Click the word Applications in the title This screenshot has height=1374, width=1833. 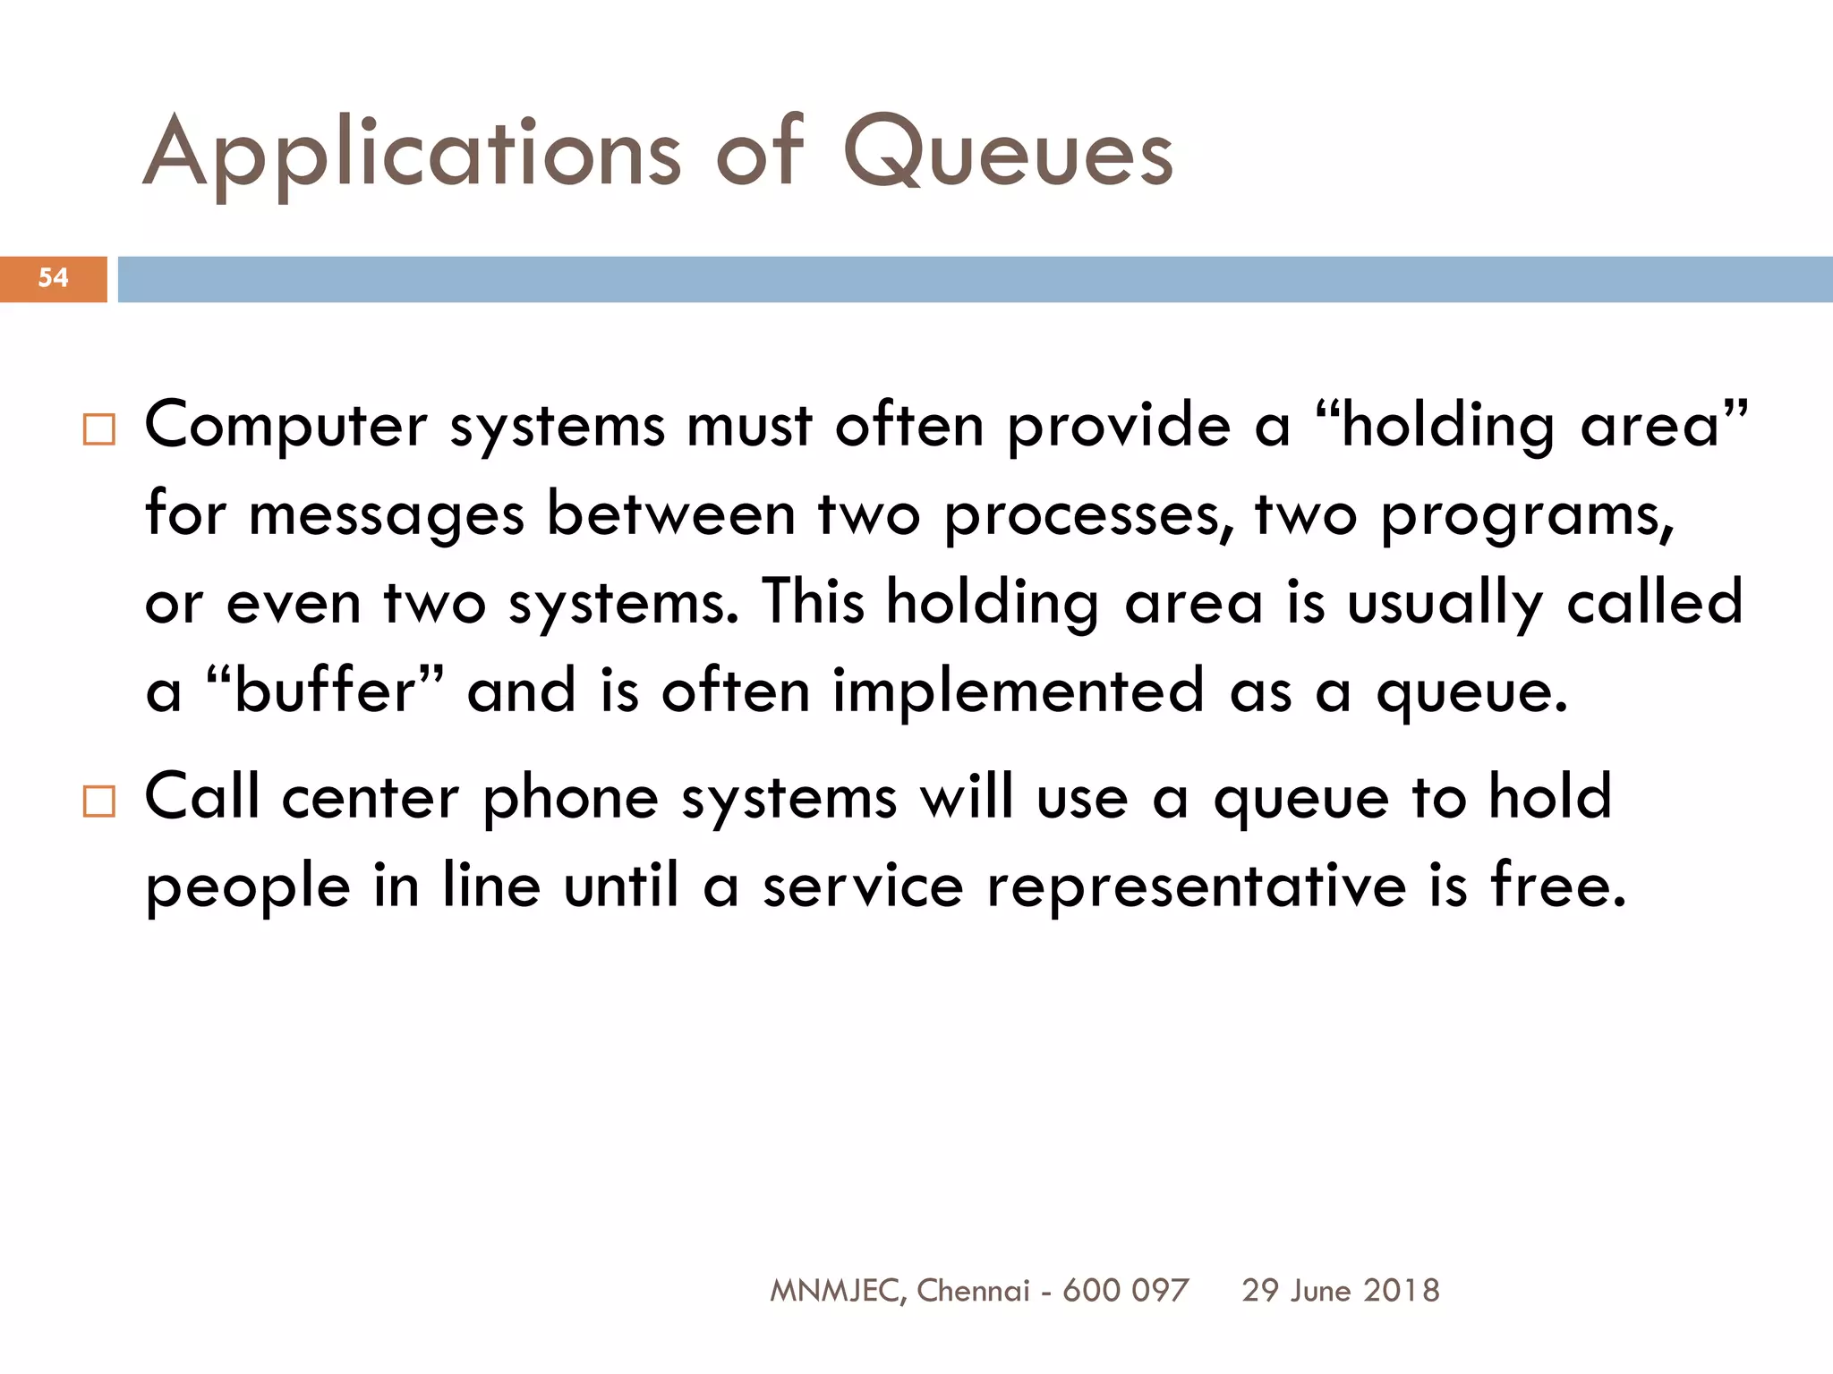[412, 154]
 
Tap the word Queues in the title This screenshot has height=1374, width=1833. [1008, 154]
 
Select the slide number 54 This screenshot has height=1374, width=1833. [53, 278]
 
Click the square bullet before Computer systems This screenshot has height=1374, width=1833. [98, 429]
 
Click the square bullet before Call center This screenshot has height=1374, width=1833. [98, 801]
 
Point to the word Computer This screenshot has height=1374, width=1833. [286, 426]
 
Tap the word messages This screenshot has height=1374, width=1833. [387, 516]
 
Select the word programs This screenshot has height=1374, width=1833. [1527, 516]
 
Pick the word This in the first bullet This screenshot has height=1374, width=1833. [814, 601]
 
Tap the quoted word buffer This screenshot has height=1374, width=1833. [325, 691]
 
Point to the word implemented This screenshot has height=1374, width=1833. [1019, 692]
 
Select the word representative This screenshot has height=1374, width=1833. [1197, 887]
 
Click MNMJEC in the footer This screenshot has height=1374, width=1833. [836, 1291]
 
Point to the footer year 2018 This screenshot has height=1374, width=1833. [1402, 1291]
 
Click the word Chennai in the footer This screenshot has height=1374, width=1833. [973, 1291]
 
